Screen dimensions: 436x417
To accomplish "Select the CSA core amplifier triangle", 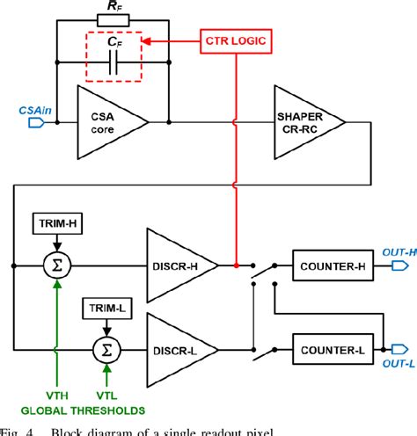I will pos(112,118).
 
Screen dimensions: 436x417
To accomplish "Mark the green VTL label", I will pos(106,396).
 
